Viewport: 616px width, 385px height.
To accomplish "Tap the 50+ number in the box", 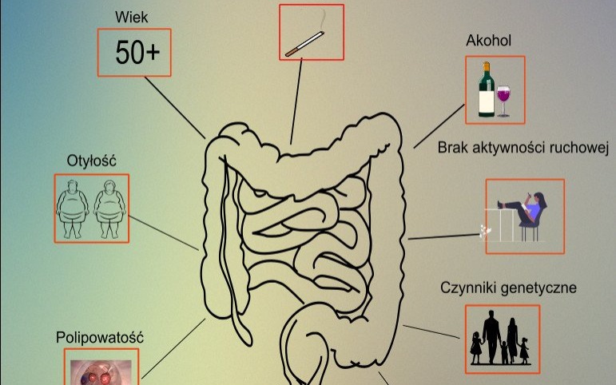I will (x=137, y=53).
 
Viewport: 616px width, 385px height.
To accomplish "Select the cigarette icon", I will (x=304, y=44).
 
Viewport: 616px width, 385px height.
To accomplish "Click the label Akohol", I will (x=489, y=41).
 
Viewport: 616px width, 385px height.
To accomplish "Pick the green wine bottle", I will (x=485, y=90).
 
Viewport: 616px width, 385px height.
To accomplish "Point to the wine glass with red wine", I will (x=504, y=99).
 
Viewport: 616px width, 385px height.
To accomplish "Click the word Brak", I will (x=452, y=148).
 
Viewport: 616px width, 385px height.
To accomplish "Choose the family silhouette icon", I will (x=502, y=339).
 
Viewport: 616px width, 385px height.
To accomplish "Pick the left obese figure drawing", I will (x=73, y=208).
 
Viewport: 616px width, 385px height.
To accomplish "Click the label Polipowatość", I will (x=100, y=337).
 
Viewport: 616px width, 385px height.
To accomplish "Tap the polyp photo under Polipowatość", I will (x=101, y=370).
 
